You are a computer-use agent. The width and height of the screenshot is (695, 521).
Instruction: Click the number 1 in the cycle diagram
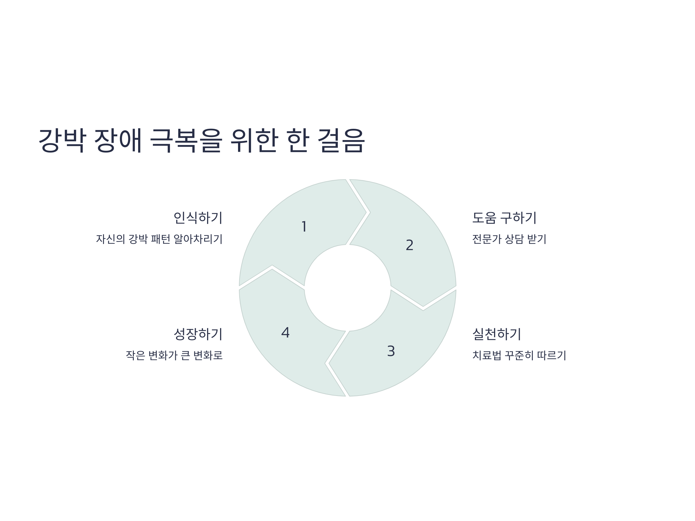[x=304, y=227]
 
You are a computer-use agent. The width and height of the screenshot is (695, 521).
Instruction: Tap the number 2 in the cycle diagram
[x=409, y=245]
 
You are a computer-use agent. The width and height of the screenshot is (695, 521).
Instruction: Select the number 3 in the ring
[x=391, y=351]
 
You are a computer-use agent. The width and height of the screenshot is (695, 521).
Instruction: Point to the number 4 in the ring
[x=285, y=333]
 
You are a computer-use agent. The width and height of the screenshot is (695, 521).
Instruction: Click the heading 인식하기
[x=198, y=218]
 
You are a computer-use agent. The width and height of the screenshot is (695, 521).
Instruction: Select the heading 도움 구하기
[x=504, y=218]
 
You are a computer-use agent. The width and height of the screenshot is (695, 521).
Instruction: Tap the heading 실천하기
[x=497, y=334]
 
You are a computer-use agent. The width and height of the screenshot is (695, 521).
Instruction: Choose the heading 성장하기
[x=198, y=334]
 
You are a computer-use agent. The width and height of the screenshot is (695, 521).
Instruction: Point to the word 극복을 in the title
[x=186, y=140]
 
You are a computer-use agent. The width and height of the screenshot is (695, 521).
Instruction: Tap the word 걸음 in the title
[x=341, y=140]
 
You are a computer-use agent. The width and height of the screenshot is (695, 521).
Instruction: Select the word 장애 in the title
[x=118, y=140]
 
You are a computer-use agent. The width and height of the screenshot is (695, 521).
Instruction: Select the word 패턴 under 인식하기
[x=160, y=239]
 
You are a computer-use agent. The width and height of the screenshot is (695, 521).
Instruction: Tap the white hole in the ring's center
[x=348, y=288]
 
